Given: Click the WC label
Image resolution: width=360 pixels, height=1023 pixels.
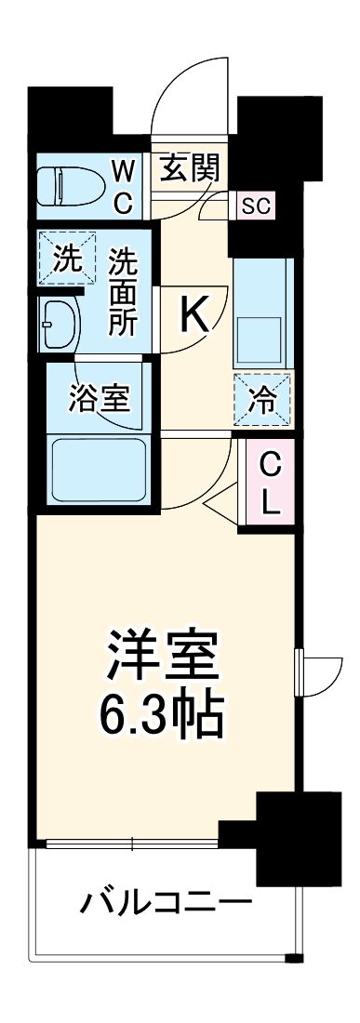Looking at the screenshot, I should pos(124,186).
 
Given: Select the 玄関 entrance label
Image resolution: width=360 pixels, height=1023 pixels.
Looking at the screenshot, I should pos(189,169).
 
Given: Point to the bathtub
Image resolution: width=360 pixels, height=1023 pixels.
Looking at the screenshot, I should pos(98,471).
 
